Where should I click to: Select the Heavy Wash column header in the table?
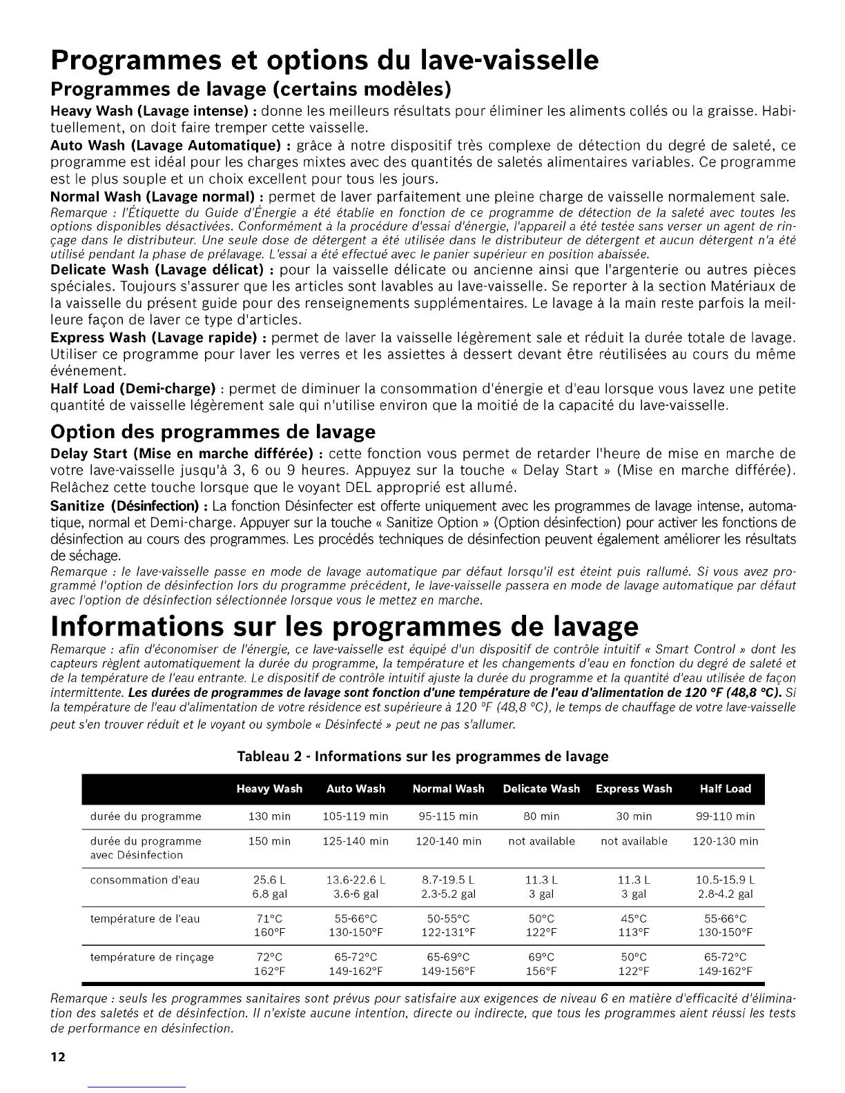[x=269, y=789]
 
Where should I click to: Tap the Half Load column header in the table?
[x=725, y=789]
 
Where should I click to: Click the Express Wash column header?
[x=634, y=789]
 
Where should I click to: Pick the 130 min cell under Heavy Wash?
[x=269, y=816]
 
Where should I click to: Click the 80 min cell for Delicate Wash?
[x=541, y=816]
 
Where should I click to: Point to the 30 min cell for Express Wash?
[x=634, y=816]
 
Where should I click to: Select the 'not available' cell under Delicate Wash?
[x=541, y=841]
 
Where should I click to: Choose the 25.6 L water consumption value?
[x=269, y=880]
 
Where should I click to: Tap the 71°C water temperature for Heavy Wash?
[x=269, y=918]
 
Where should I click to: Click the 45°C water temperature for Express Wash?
[x=634, y=918]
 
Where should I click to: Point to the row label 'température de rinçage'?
[x=152, y=957]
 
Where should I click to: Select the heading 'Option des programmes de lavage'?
[x=213, y=431]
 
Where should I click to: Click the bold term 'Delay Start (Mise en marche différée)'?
[x=186, y=453]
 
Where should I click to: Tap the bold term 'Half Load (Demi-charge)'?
[x=133, y=388]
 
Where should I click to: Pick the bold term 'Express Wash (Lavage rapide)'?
[x=159, y=337]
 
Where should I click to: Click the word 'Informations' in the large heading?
[x=162, y=625]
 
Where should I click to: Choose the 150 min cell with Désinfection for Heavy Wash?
[x=269, y=841]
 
